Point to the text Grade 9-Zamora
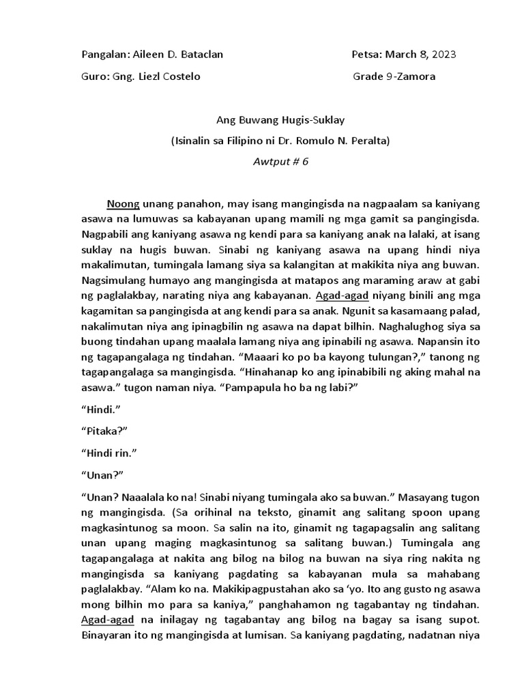tap(394, 76)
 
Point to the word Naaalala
tap(147, 496)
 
